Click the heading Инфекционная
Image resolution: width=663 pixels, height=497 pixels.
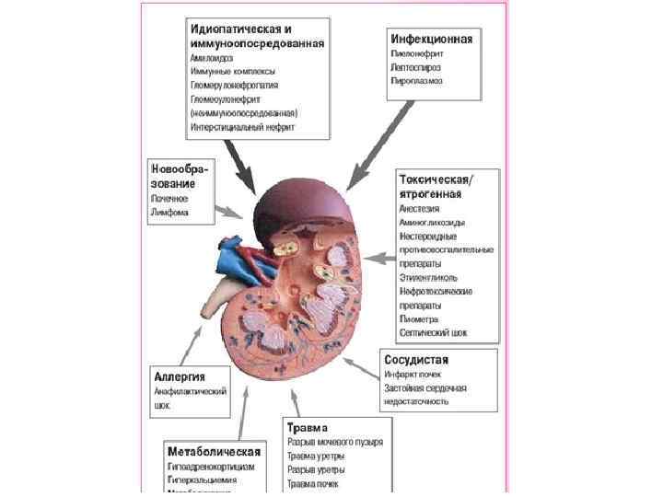(432, 40)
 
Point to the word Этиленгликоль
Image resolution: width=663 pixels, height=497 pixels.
(428, 277)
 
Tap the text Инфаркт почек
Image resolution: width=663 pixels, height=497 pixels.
(413, 375)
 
